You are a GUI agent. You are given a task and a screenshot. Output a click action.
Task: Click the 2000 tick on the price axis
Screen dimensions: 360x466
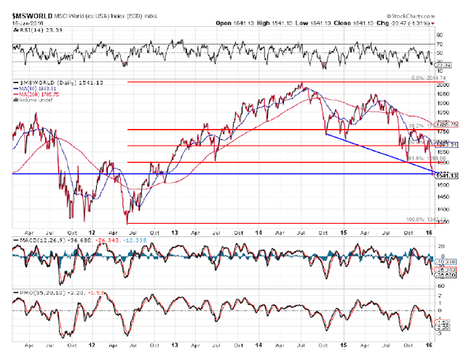pyautogui.click(x=444, y=85)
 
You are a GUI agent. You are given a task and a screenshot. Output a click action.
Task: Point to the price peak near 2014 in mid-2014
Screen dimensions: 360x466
pyautogui.click(x=301, y=85)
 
